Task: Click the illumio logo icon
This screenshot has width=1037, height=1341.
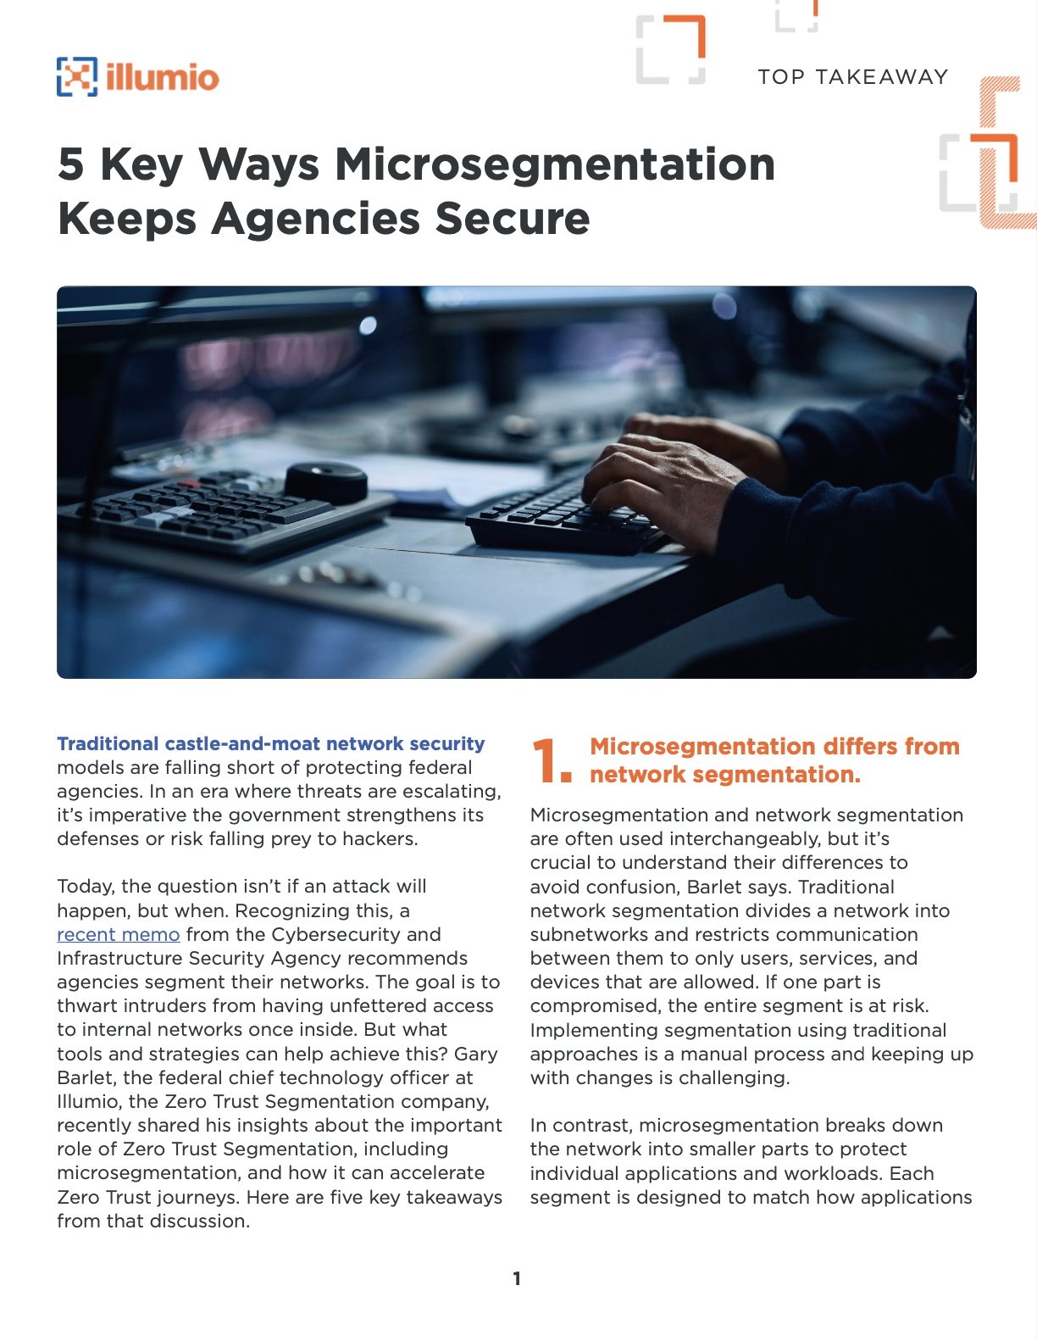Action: (x=76, y=77)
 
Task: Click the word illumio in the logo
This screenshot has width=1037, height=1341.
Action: (x=163, y=78)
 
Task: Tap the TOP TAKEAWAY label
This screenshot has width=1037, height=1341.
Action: (x=852, y=77)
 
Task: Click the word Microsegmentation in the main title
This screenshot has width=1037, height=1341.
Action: (x=555, y=164)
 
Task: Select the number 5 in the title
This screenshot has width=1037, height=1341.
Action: (x=70, y=164)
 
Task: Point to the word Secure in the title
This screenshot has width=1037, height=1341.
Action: (x=512, y=219)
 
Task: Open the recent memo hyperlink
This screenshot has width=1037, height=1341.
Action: (x=118, y=934)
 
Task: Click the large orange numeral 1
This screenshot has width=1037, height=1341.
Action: (x=547, y=760)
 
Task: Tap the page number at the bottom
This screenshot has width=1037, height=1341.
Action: (x=517, y=1278)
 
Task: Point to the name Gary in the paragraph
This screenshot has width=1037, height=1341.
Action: (x=476, y=1054)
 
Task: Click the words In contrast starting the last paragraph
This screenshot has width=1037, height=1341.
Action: (x=580, y=1125)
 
